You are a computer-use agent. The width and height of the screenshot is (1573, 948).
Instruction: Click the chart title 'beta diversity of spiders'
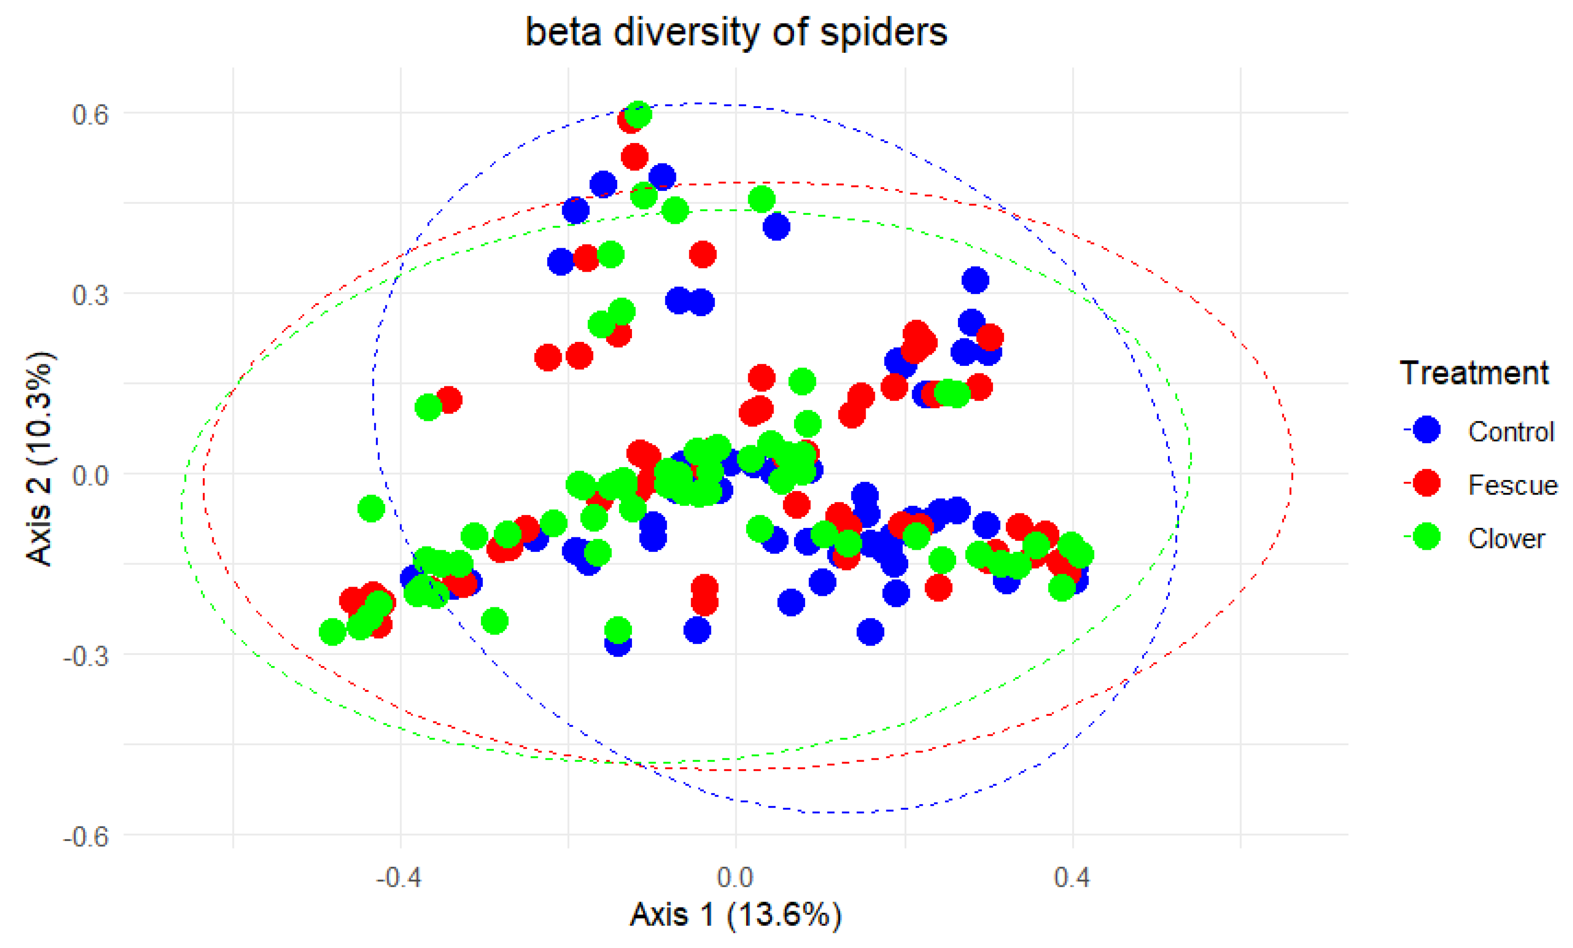(735, 32)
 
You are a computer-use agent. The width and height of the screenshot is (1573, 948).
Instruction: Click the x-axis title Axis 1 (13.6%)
(735, 914)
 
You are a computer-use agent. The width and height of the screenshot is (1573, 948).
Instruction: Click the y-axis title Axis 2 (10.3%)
(40, 458)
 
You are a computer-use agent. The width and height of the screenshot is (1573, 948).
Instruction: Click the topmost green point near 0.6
(638, 114)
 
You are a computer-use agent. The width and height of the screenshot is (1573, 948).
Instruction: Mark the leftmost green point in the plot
(332, 632)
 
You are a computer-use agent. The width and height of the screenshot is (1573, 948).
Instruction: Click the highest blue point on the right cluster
(975, 280)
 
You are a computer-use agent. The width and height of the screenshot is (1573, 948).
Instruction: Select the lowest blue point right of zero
(870, 632)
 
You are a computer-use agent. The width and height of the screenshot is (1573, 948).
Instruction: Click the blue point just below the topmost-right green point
(776, 226)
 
